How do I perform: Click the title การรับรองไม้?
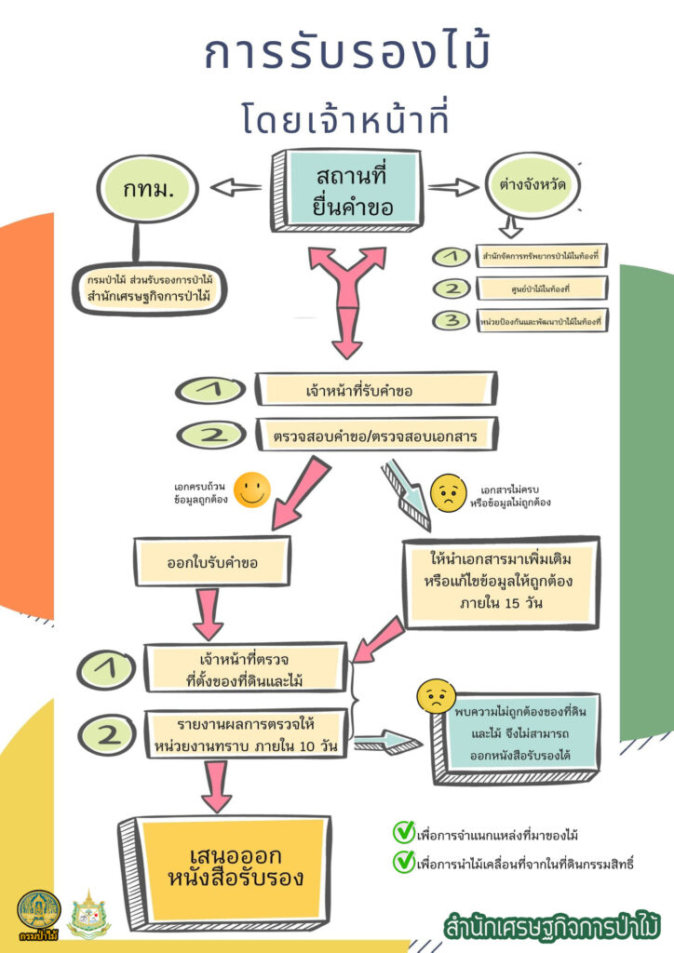(x=346, y=55)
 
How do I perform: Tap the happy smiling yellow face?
(x=251, y=490)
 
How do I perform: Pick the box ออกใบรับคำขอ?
(x=212, y=561)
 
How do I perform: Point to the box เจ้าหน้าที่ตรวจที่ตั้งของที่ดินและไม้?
(x=246, y=670)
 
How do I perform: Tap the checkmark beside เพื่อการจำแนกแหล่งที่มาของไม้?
(x=403, y=831)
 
